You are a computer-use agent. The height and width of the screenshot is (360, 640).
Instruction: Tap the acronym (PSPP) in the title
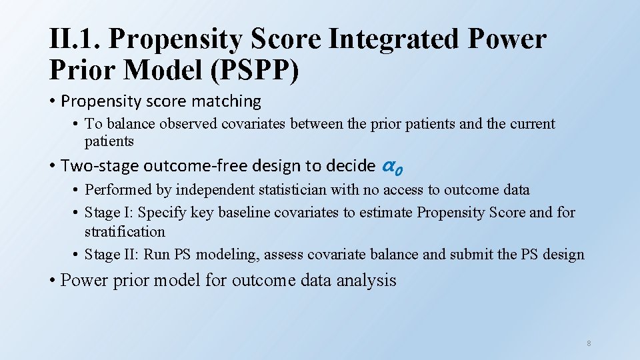pyautogui.click(x=255, y=71)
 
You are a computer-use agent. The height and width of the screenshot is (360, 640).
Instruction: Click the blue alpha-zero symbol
pyautogui.click(x=393, y=166)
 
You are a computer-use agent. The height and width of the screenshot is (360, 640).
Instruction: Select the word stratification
pyautogui.click(x=125, y=232)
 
